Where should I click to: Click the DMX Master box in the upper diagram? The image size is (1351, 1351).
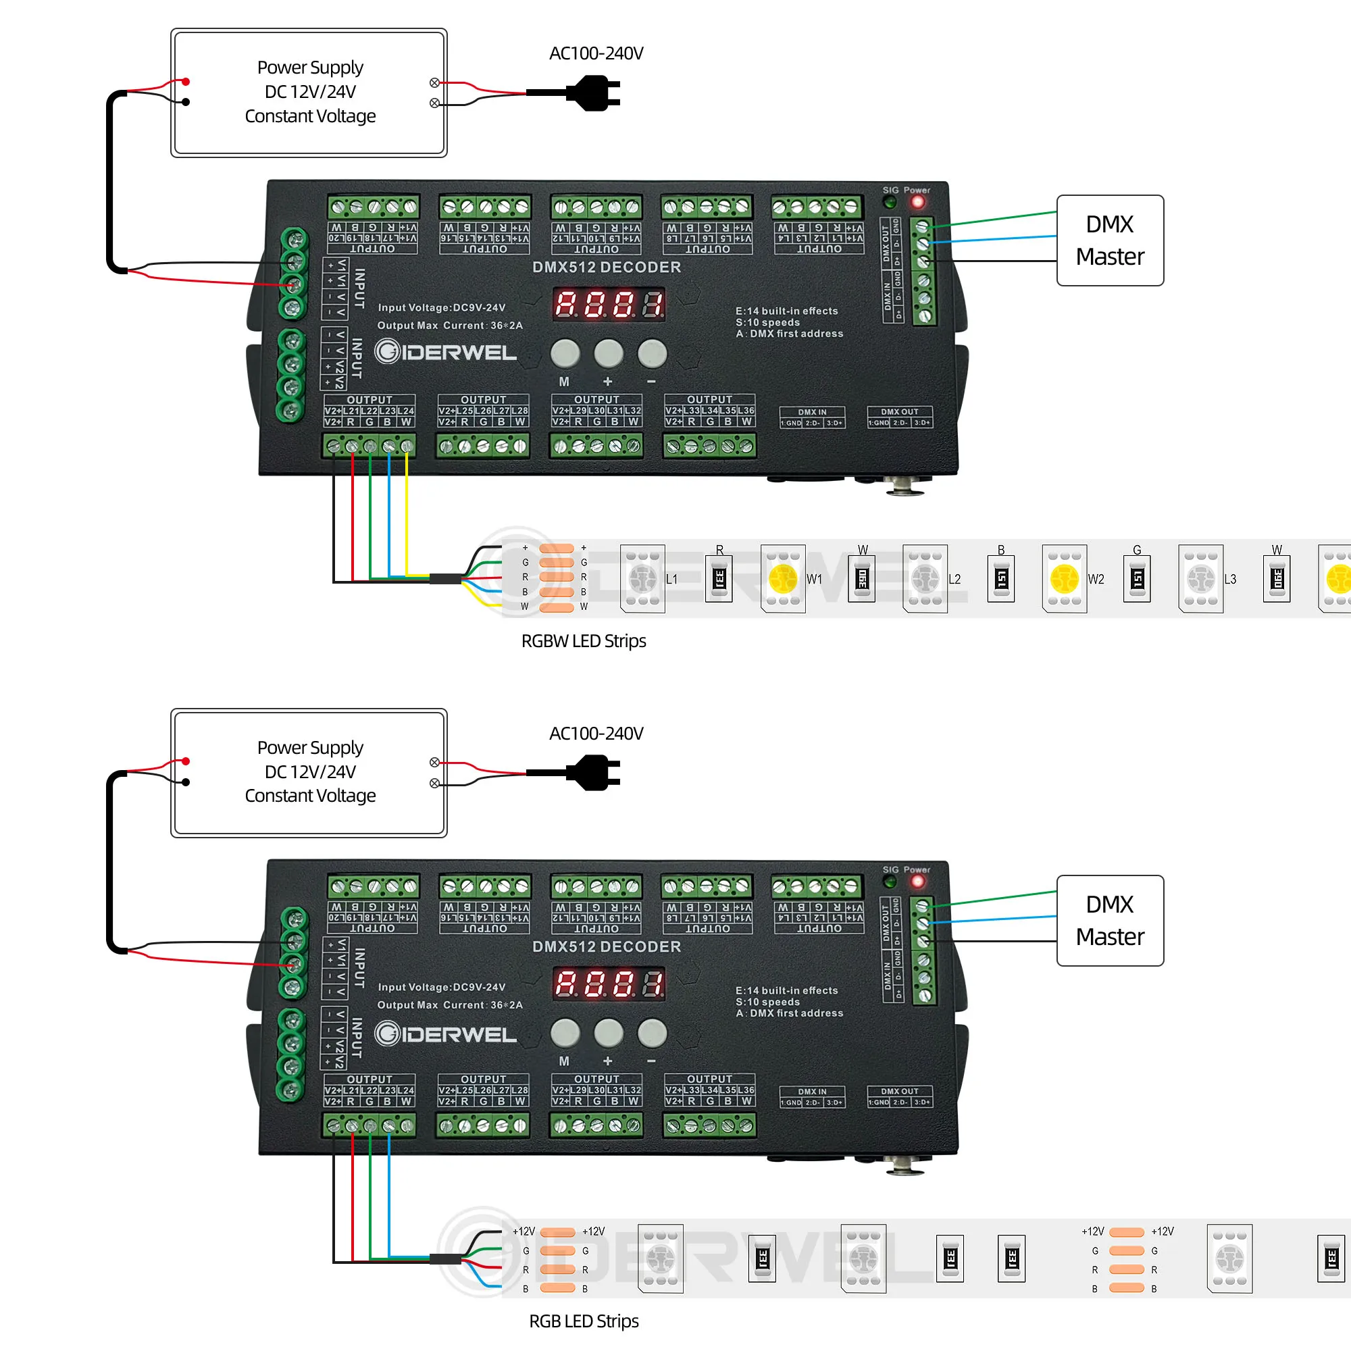[x=1110, y=240]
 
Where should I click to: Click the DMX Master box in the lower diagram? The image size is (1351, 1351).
[x=1110, y=920]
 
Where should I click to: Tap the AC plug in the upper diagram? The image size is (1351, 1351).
[x=594, y=93]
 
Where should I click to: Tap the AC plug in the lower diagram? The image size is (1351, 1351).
[x=594, y=773]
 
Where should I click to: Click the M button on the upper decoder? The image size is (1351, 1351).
[x=565, y=354]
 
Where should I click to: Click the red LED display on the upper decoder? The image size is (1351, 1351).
[x=609, y=304]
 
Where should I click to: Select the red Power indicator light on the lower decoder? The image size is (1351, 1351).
[x=917, y=882]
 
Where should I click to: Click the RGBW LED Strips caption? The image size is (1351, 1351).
[x=583, y=641]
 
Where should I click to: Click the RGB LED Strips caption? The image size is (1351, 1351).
[x=583, y=1321]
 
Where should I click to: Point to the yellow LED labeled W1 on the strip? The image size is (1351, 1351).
[x=782, y=579]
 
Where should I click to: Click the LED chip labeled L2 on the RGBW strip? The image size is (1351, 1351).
[x=925, y=579]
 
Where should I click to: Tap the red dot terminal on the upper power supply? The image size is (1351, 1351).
[x=186, y=82]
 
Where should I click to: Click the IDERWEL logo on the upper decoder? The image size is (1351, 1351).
[x=445, y=352]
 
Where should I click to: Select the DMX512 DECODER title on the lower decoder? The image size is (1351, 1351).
[x=607, y=947]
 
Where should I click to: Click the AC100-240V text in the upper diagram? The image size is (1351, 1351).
[x=596, y=53]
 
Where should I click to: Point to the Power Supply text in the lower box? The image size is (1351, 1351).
[x=310, y=748]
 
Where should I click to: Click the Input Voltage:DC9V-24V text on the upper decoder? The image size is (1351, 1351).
[x=441, y=307]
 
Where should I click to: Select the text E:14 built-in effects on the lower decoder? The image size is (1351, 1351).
[x=786, y=990]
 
